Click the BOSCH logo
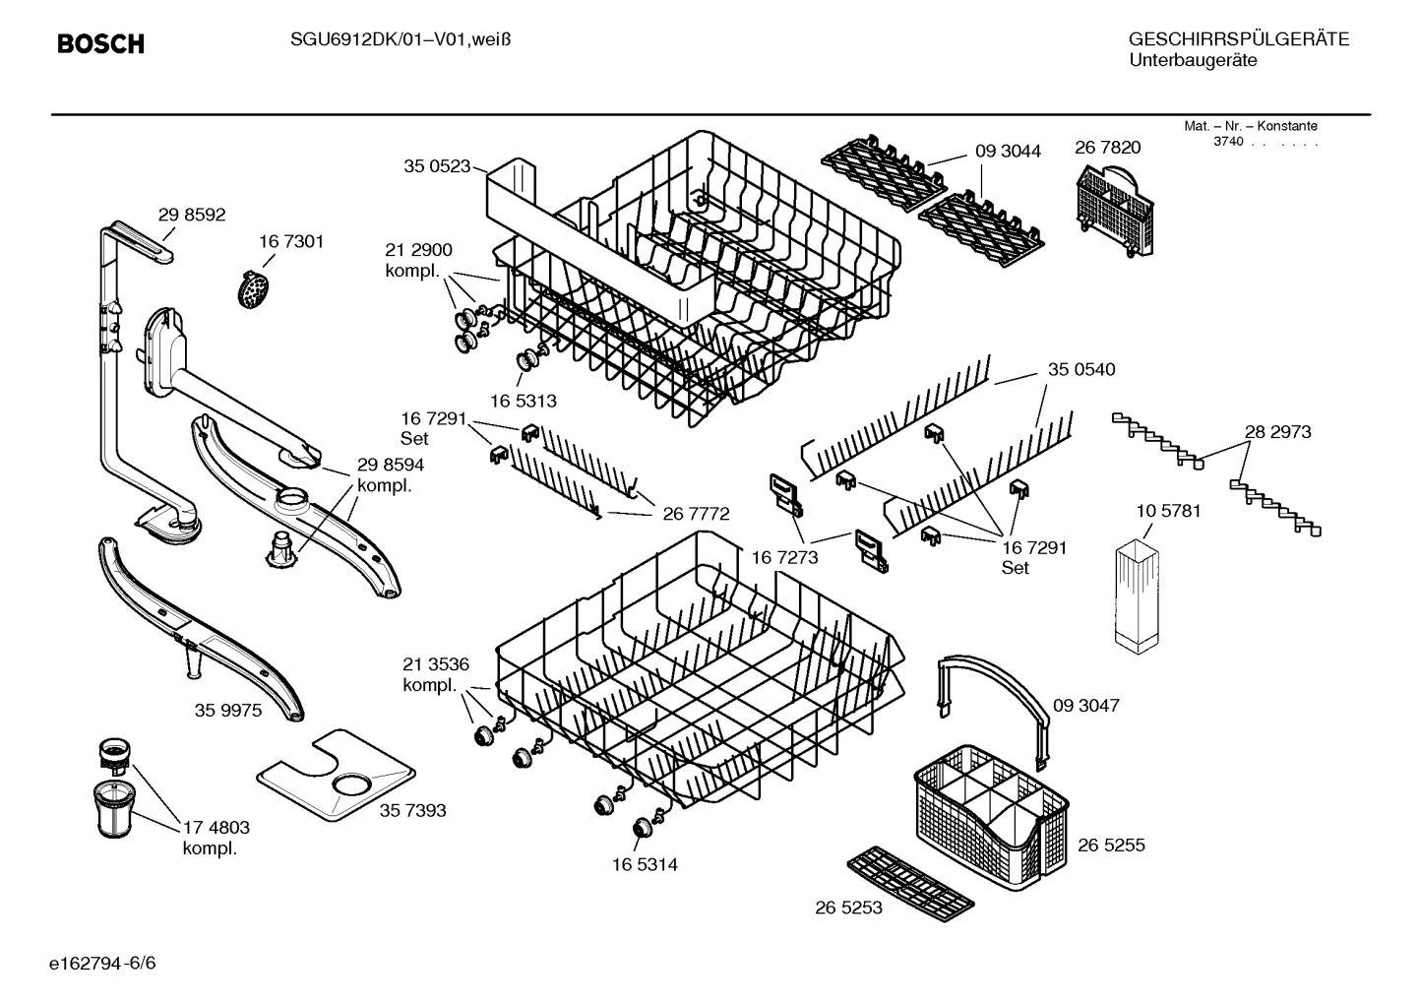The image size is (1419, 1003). [100, 44]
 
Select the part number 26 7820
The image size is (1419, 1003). [1107, 148]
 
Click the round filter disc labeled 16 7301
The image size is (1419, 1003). [256, 288]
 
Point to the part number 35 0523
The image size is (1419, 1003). [436, 166]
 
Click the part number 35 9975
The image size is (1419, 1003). [228, 711]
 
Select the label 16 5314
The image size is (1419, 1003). [645, 865]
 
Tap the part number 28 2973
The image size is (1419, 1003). [1277, 432]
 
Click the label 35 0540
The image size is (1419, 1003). [1081, 369]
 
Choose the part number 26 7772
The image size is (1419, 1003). [696, 514]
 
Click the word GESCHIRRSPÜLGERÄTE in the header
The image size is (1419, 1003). [1238, 40]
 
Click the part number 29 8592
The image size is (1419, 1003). [192, 215]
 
